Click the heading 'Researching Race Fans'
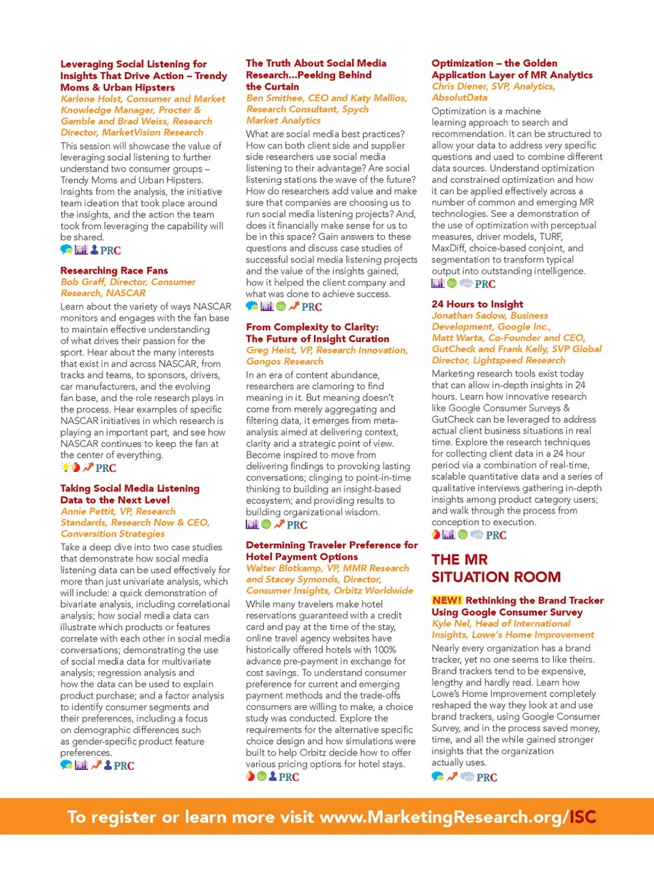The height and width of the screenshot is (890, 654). point(114,271)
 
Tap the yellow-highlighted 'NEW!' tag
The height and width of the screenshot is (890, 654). point(447,601)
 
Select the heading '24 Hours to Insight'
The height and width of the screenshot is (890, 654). point(477,304)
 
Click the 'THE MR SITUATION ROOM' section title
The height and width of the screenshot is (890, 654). point(496,568)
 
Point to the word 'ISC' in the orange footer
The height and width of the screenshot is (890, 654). point(582,817)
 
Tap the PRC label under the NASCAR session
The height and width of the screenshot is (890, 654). point(106,469)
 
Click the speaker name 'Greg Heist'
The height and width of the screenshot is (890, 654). point(266,351)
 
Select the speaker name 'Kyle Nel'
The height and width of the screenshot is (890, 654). point(450,624)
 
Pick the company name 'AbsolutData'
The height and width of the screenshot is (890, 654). point(459,98)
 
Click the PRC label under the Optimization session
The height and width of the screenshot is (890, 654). point(485,284)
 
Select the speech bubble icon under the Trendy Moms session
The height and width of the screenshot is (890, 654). point(66,250)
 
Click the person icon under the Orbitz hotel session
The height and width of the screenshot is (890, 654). point(272,777)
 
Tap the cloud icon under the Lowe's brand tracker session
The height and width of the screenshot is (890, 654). point(467,777)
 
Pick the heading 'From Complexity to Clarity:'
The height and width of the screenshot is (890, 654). point(312,327)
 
